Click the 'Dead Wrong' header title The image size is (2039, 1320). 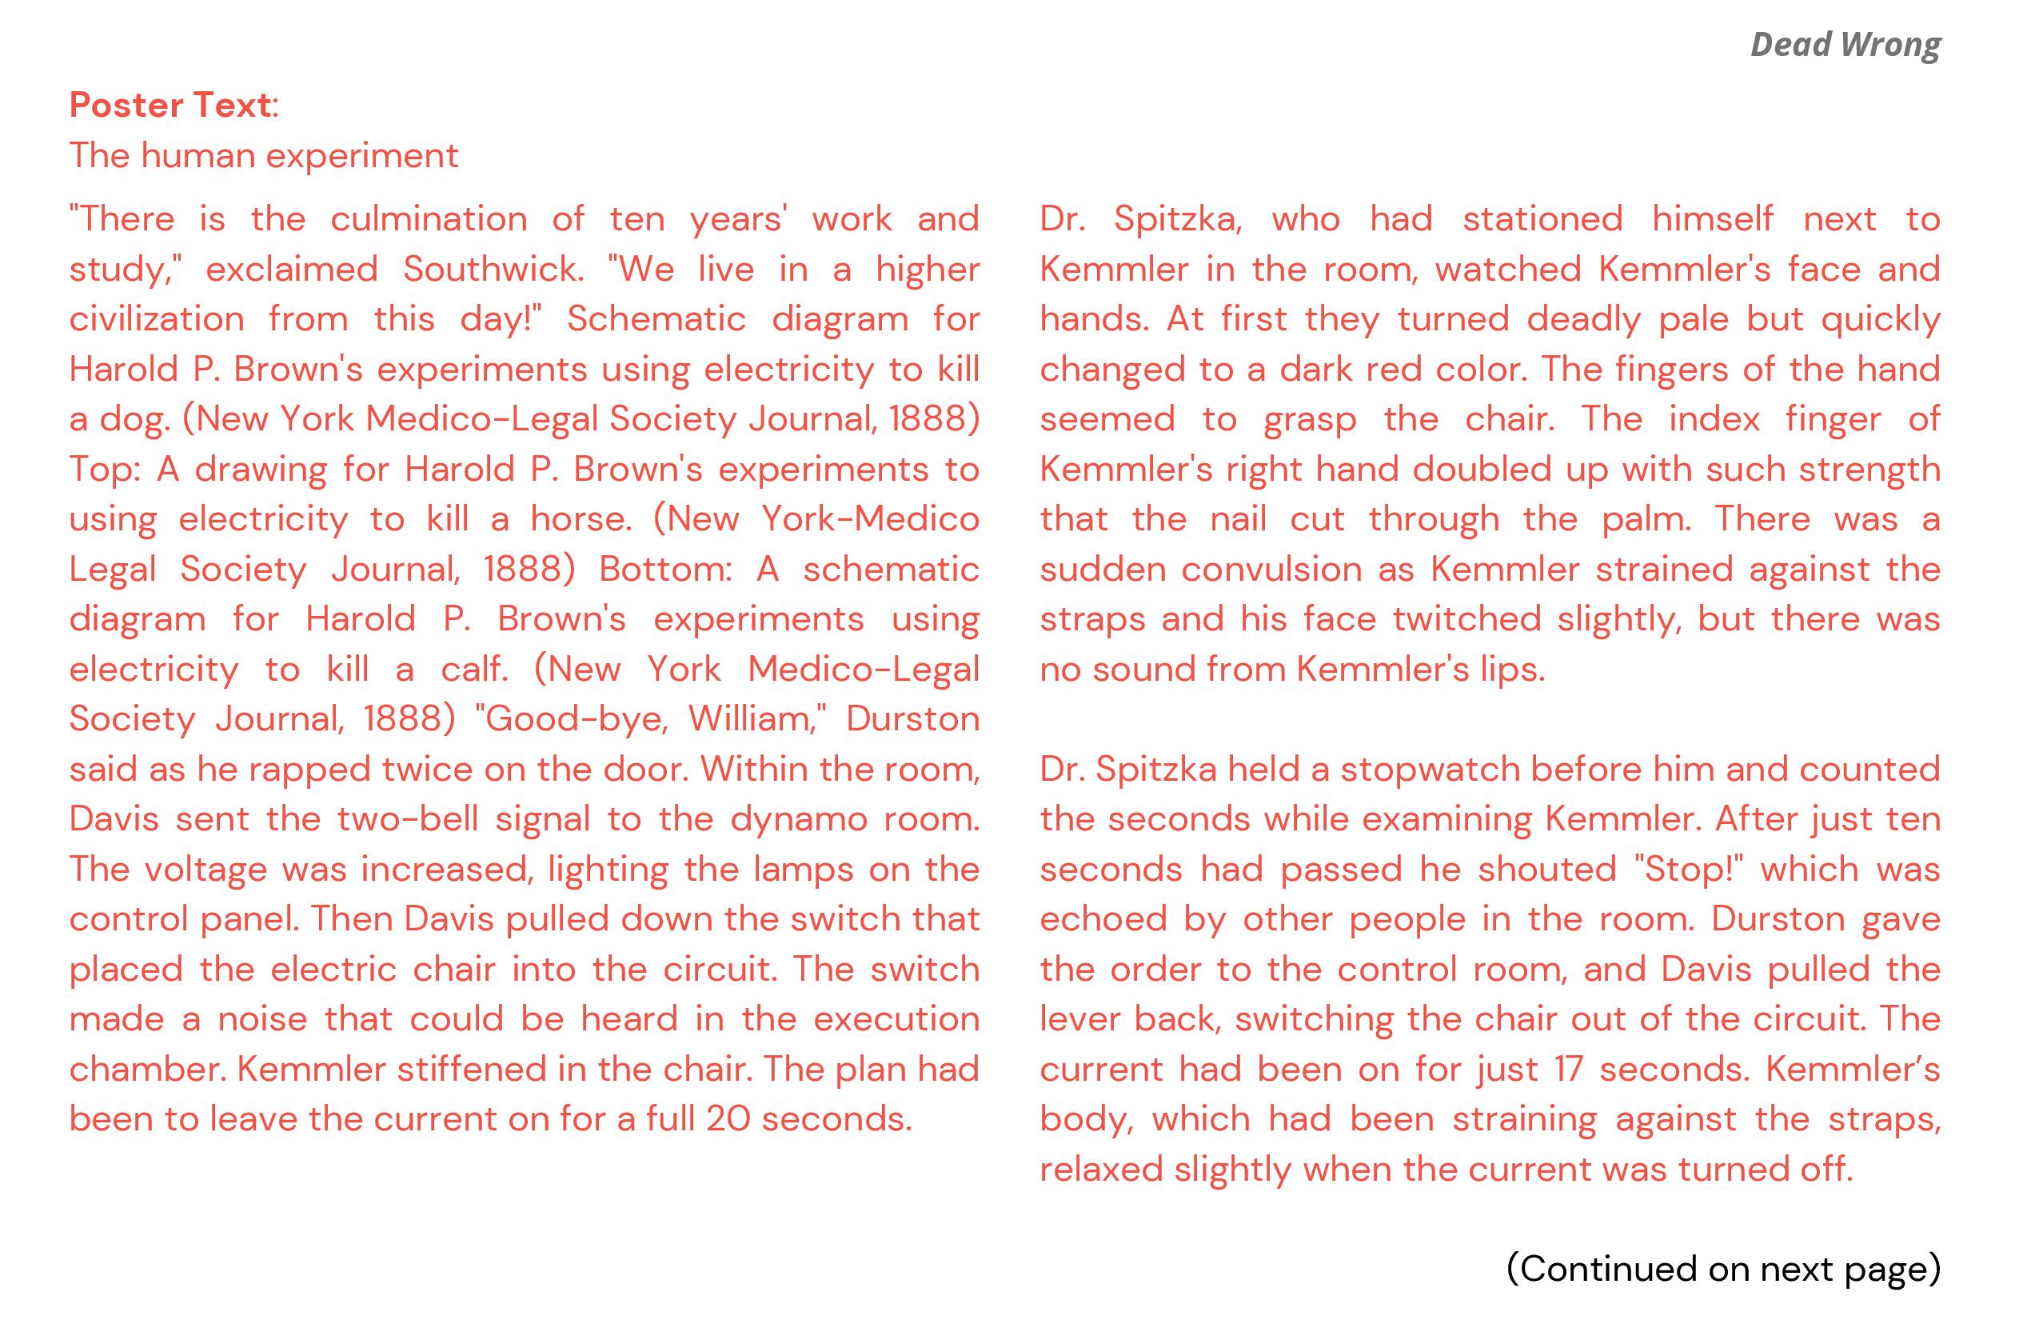click(1845, 45)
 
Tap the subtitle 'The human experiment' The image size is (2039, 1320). click(264, 156)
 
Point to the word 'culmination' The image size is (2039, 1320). click(429, 219)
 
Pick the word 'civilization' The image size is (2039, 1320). click(157, 320)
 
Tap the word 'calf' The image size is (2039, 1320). click(473, 670)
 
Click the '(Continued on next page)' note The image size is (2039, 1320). click(1723, 1270)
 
